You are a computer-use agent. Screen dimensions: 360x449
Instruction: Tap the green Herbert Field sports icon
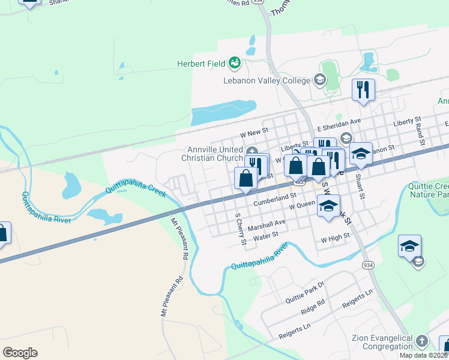234,62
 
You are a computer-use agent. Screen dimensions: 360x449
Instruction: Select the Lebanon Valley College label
267,80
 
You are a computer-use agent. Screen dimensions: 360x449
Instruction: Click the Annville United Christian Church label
214,154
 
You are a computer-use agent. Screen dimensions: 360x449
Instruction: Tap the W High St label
335,238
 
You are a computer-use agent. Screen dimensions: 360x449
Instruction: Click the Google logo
20,353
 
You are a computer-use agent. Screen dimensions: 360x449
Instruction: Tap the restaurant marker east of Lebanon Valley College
363,90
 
